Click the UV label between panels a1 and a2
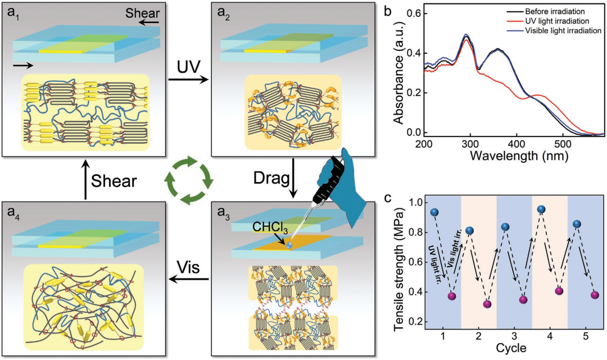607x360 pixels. (x=189, y=66)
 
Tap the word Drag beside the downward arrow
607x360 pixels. (x=271, y=178)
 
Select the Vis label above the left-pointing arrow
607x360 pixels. (x=188, y=267)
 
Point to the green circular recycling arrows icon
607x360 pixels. (x=188, y=180)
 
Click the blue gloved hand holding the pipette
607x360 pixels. (x=345, y=183)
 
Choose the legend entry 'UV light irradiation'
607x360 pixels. (x=556, y=21)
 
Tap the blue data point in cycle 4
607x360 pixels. (x=541, y=209)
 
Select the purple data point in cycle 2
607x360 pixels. (x=487, y=304)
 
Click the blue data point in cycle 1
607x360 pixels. (x=434, y=212)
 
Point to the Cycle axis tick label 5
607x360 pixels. (x=585, y=336)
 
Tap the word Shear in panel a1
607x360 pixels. (x=142, y=13)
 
